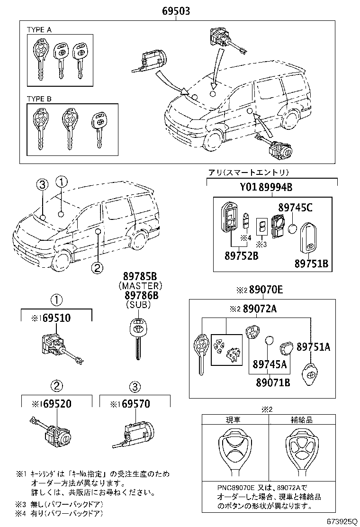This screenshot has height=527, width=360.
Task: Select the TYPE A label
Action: [x=39, y=29]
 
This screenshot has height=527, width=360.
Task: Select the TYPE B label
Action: [x=39, y=99]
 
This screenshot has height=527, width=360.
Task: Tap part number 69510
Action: [x=54, y=318]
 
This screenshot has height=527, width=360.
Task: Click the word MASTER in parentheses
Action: [x=140, y=286]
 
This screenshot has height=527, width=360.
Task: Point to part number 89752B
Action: [x=242, y=256]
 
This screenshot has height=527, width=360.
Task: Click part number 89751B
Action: [x=312, y=263]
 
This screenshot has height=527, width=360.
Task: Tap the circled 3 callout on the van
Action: [x=42, y=185]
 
